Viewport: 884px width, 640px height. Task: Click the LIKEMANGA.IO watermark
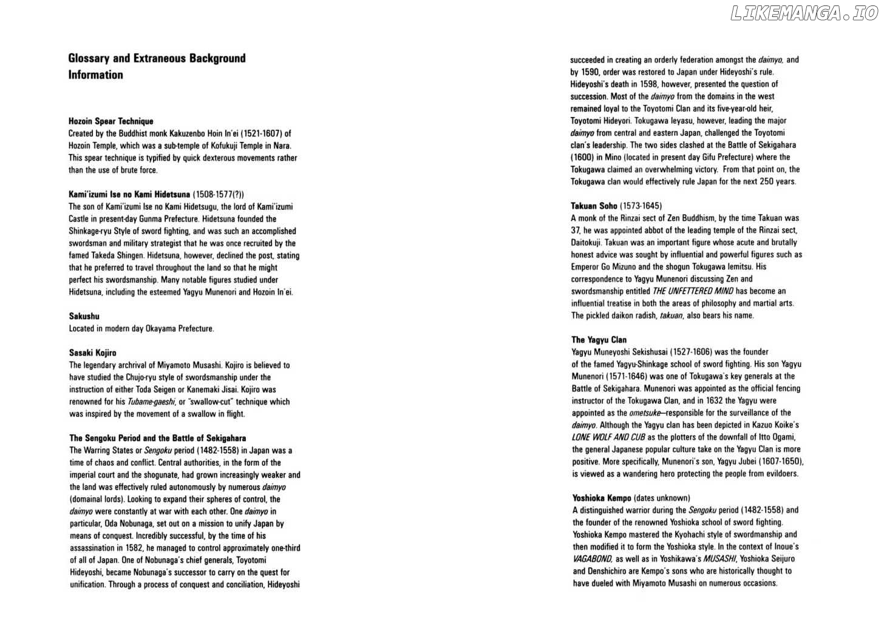(804, 13)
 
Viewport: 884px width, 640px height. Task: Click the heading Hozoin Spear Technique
(111, 121)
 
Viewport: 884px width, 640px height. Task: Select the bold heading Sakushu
(84, 316)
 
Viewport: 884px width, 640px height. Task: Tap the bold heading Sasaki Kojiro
(93, 352)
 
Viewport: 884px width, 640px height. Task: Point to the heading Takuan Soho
(594, 206)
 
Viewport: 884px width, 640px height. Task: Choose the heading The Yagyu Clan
(599, 340)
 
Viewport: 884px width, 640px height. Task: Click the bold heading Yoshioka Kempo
(602, 498)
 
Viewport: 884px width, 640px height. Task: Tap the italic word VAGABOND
(592, 559)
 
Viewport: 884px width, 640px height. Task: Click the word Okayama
(160, 329)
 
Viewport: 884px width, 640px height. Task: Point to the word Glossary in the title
(89, 58)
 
